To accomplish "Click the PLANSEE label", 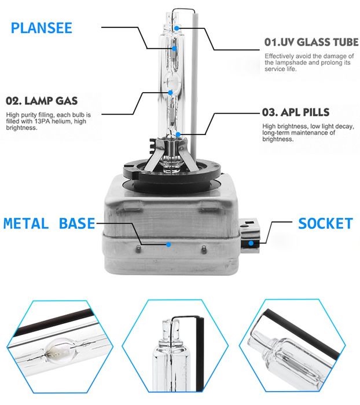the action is click(41, 28).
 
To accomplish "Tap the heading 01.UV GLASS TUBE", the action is click(311, 42).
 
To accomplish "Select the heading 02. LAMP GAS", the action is click(42, 101).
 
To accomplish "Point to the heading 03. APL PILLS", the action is click(296, 112).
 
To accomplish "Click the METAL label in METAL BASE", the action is click(26, 224).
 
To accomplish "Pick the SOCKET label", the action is click(325, 224).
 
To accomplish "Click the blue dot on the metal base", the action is click(168, 245).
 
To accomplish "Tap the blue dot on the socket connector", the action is click(251, 243).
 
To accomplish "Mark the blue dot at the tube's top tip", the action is click(177, 28).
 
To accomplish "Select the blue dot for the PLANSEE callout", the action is click(174, 48).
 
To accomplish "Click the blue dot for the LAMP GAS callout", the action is click(170, 92).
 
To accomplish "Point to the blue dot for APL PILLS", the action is click(178, 134).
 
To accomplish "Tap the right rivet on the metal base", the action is click(204, 249).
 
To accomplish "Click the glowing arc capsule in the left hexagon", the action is click(60, 349).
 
